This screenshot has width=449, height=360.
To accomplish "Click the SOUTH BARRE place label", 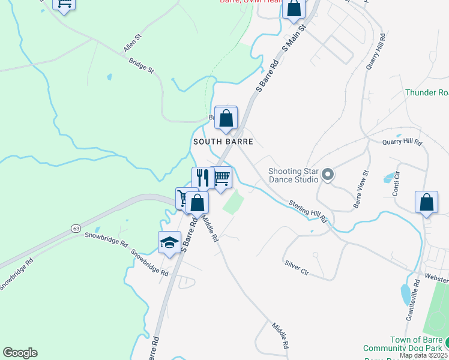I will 223,142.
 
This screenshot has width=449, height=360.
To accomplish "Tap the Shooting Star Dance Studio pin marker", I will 328,175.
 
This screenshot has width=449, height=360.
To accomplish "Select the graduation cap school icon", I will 169,242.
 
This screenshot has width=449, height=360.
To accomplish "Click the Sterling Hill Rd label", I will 307,211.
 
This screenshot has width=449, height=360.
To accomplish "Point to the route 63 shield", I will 75,228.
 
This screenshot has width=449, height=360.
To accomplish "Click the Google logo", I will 20,353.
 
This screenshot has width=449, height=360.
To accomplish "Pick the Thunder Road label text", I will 427,92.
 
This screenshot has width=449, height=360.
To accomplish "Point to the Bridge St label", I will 142,65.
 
